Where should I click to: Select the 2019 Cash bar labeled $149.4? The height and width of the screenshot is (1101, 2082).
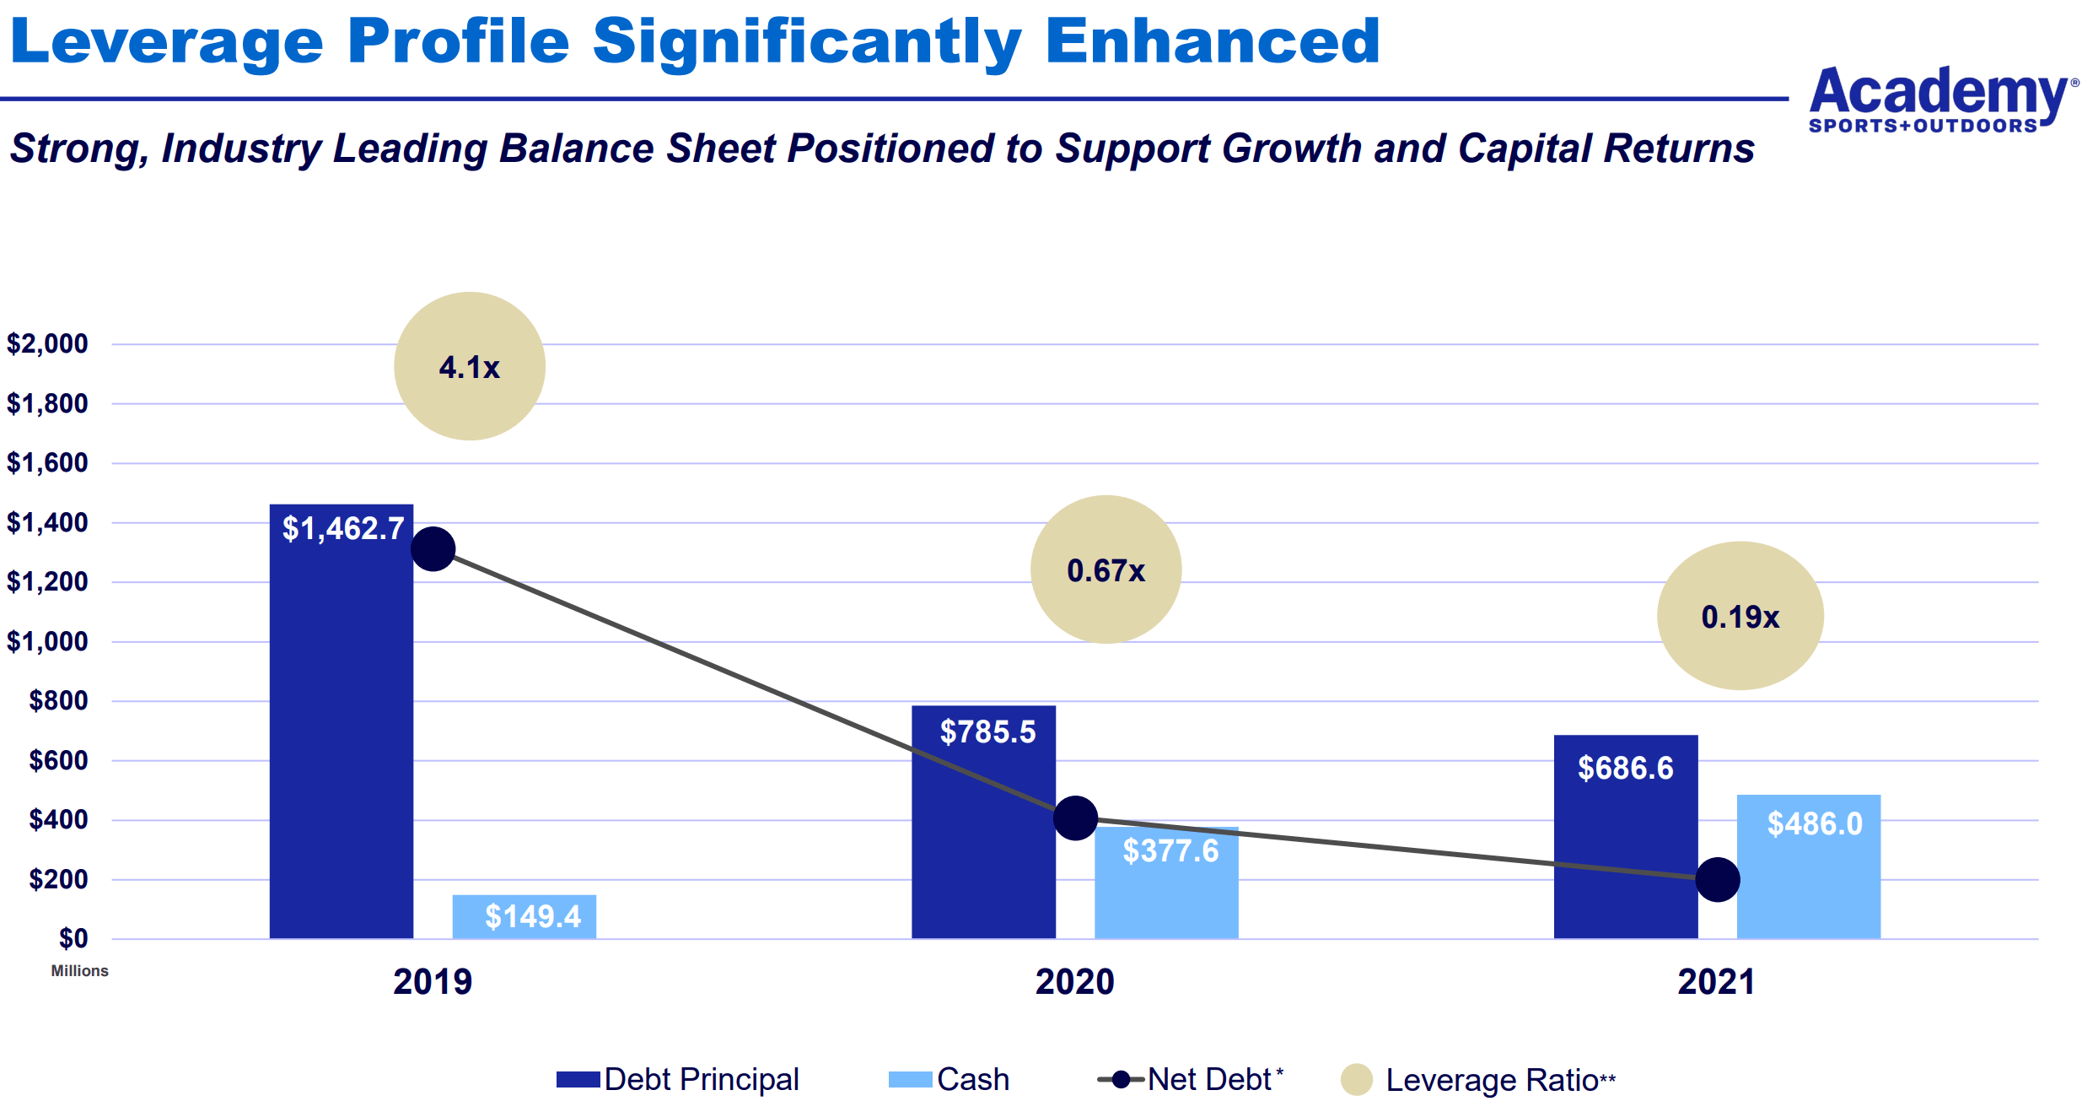click(x=524, y=916)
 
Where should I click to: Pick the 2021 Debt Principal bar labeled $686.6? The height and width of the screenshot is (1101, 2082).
click(x=1625, y=836)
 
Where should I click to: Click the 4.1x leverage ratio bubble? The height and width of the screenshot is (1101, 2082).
click(x=470, y=366)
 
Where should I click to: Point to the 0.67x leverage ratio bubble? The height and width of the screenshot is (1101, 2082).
click(x=1106, y=569)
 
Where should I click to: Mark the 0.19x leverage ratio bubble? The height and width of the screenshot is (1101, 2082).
click(x=1740, y=616)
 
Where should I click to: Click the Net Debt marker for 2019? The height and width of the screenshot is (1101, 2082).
click(x=433, y=549)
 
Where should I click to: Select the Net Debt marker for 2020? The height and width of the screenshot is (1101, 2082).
click(x=1075, y=818)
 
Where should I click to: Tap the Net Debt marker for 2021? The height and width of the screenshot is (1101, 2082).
click(x=1717, y=880)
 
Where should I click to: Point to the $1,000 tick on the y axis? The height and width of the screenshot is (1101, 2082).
click(x=47, y=641)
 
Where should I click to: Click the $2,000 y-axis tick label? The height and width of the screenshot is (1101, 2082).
click(x=47, y=343)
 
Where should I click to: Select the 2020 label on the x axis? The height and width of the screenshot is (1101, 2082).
click(x=1074, y=982)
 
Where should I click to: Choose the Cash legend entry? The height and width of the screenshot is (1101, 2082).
click(x=950, y=1079)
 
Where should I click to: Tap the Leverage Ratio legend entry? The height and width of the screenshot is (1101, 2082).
click(x=1478, y=1080)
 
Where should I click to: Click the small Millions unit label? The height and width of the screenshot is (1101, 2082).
click(x=79, y=971)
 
